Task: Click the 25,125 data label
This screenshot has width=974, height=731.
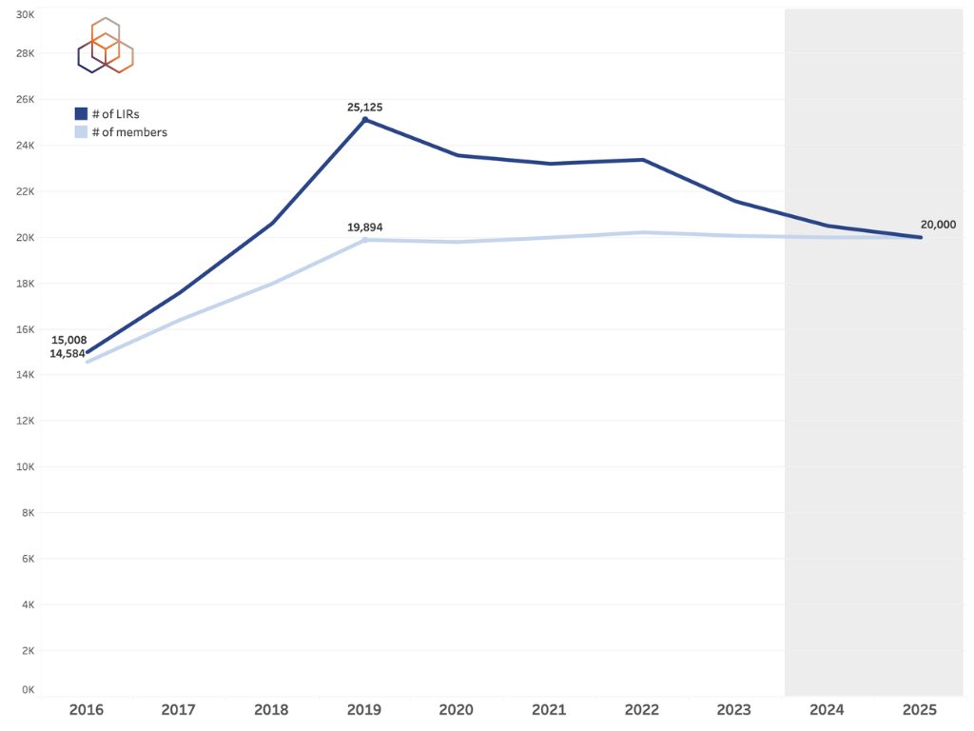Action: [x=364, y=108]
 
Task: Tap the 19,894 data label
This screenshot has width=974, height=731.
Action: [x=364, y=227]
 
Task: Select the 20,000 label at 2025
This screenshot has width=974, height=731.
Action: [x=938, y=225]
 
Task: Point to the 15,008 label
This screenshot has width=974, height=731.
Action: [x=68, y=340]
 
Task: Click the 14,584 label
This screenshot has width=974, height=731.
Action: [x=68, y=353]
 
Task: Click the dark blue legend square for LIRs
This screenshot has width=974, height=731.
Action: [x=81, y=114]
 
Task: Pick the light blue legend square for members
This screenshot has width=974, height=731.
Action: [x=81, y=132]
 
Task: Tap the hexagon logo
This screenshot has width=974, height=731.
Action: [x=105, y=46]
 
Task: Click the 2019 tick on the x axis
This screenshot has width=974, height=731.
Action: [x=364, y=710]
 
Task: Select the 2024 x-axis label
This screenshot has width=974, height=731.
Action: [x=827, y=710]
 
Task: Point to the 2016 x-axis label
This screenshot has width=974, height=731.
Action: [x=87, y=710]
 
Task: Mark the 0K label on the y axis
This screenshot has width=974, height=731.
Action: [x=28, y=689]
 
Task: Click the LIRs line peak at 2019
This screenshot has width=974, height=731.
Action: [x=364, y=119]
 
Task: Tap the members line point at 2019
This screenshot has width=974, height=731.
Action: [x=364, y=239]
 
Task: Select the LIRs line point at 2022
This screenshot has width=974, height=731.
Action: [x=643, y=160]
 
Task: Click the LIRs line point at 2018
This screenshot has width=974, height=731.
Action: [x=272, y=223]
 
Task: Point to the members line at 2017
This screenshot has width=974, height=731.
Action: [x=180, y=320]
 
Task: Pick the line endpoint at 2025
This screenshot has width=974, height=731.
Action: [x=920, y=237]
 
